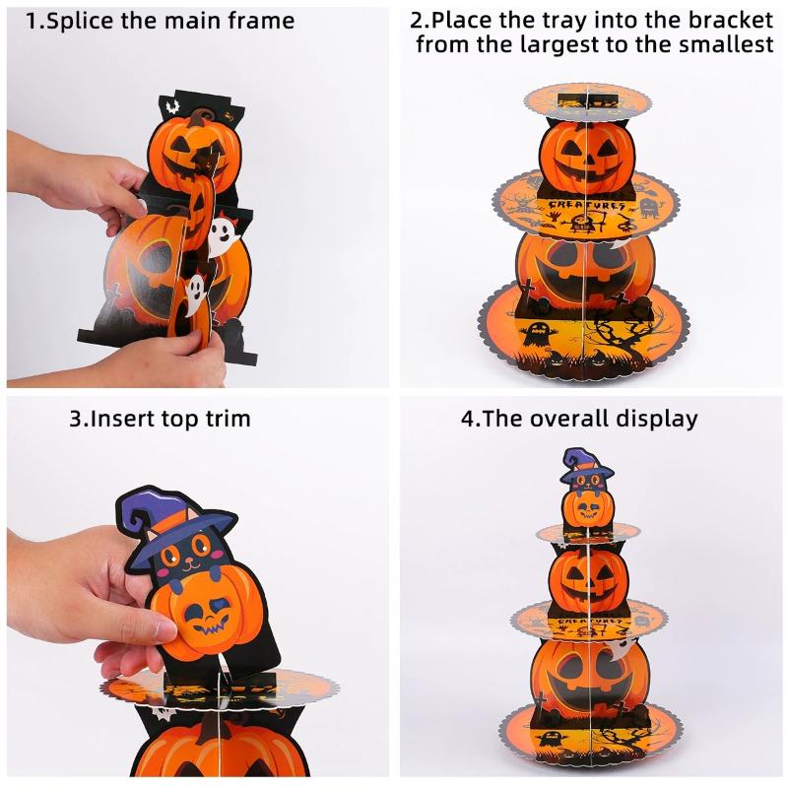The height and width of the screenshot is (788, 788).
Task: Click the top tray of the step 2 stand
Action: pyautogui.click(x=587, y=98)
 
